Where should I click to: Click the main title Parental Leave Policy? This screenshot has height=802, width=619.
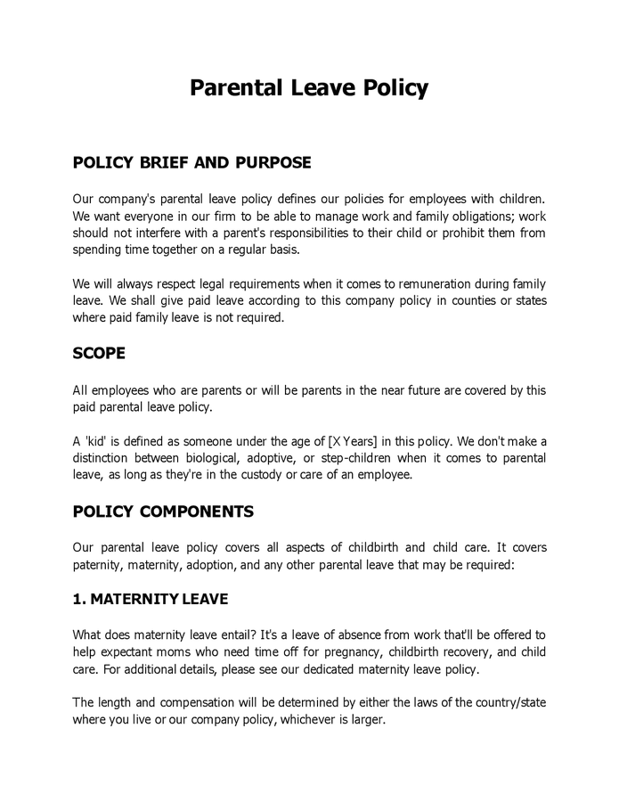309,88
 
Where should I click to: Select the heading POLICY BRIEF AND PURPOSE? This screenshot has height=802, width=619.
191,163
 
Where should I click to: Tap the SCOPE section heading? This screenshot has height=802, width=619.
99,353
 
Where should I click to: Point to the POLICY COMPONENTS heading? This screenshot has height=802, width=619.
163,511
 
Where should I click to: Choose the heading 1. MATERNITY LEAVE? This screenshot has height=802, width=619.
150,599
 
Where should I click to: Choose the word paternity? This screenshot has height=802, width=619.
98,564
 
